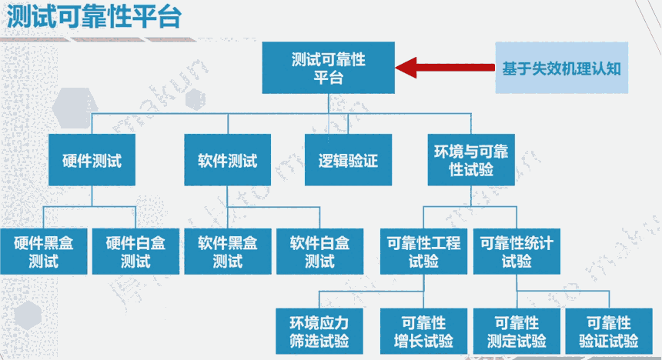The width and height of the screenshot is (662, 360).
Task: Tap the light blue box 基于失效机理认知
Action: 561,68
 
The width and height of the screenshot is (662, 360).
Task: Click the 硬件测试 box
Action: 92,161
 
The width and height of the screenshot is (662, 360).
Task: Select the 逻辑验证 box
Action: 349,161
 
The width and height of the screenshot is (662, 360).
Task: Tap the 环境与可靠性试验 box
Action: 471,160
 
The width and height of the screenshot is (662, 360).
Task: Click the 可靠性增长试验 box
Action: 423,332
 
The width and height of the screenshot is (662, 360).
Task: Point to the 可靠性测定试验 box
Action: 517,332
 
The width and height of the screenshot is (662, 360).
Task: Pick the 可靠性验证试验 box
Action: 608,332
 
